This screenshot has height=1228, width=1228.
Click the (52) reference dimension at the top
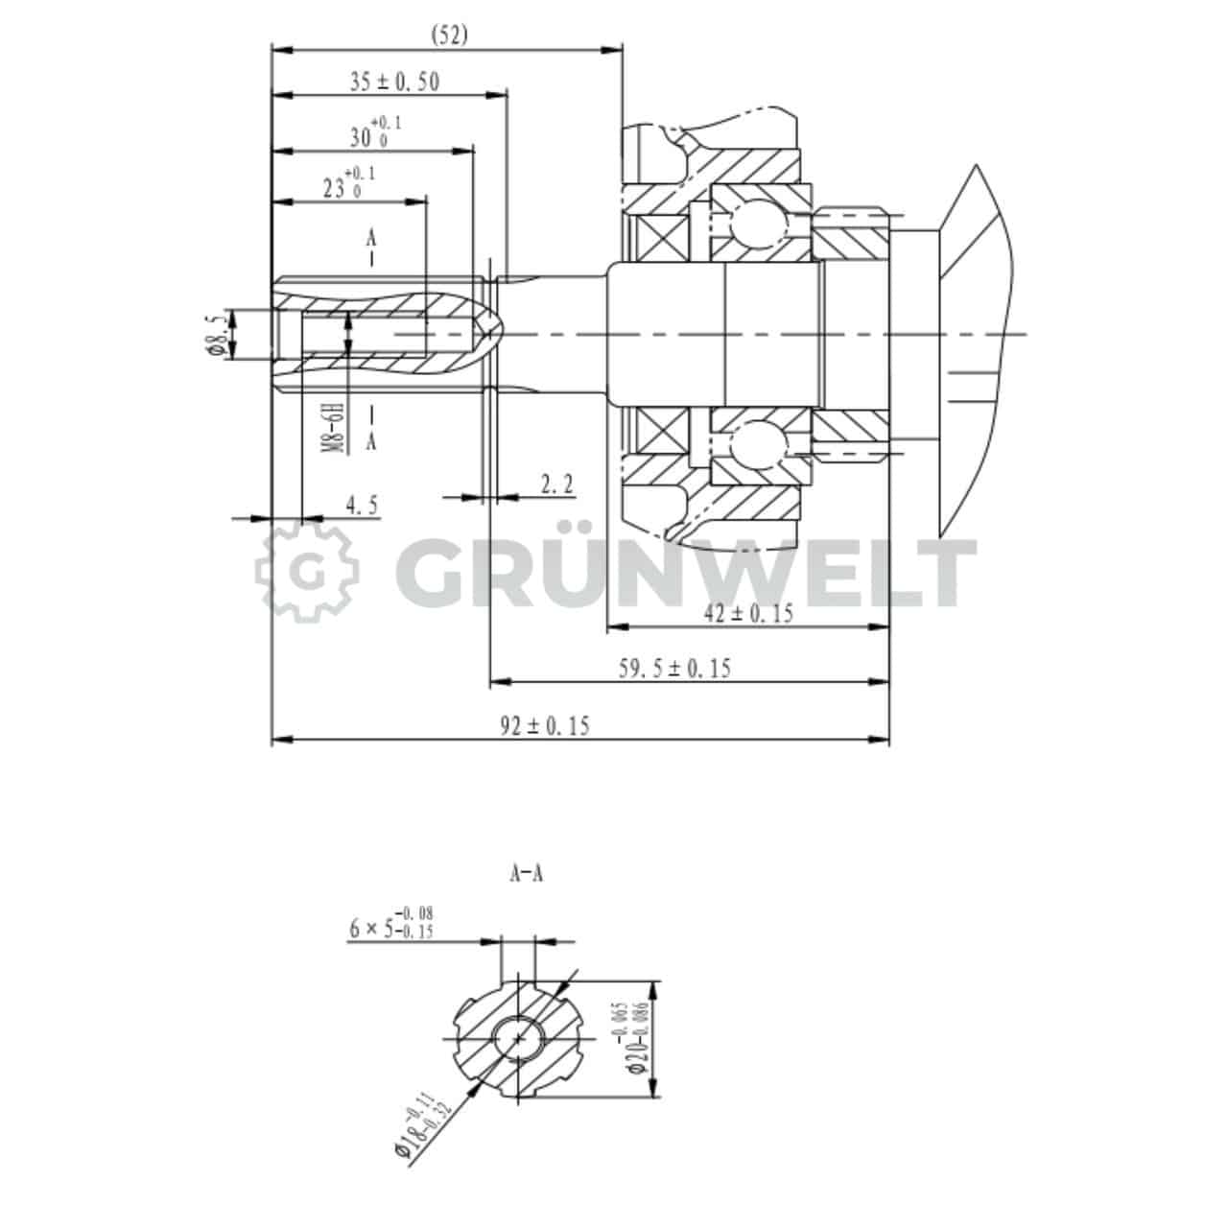tap(448, 35)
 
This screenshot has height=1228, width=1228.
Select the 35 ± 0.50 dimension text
tap(393, 83)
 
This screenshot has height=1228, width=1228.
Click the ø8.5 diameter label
tap(219, 334)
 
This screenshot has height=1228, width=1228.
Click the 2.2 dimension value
tap(556, 485)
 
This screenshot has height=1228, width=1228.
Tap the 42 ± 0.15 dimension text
tap(748, 614)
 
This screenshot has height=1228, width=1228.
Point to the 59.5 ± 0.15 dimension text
tap(673, 669)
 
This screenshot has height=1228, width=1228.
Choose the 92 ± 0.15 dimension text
tap(545, 726)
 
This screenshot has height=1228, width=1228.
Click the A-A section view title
tap(526, 874)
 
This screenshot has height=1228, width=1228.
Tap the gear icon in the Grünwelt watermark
tap(307, 572)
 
